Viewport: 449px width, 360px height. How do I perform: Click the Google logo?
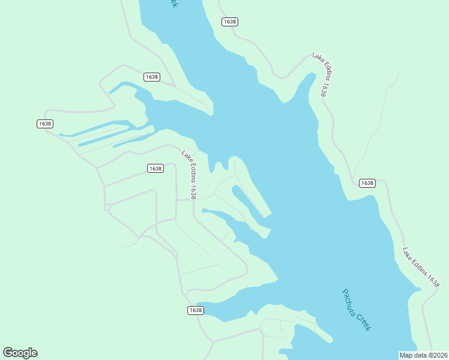20,353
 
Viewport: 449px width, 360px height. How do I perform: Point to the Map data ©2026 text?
423,355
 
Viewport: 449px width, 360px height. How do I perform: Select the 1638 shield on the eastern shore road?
367,183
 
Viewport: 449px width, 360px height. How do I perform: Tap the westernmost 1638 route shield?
45,124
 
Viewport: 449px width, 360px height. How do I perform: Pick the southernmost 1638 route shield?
195,310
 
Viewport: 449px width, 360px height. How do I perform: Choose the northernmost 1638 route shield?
230,22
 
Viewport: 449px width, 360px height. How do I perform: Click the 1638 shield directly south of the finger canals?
155,169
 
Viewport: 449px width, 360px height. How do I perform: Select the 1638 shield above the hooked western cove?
152,77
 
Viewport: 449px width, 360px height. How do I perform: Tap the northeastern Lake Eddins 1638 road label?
320,74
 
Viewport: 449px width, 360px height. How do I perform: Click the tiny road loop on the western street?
107,207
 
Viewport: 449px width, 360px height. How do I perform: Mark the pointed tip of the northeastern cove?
312,75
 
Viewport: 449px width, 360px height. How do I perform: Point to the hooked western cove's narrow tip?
111,92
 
